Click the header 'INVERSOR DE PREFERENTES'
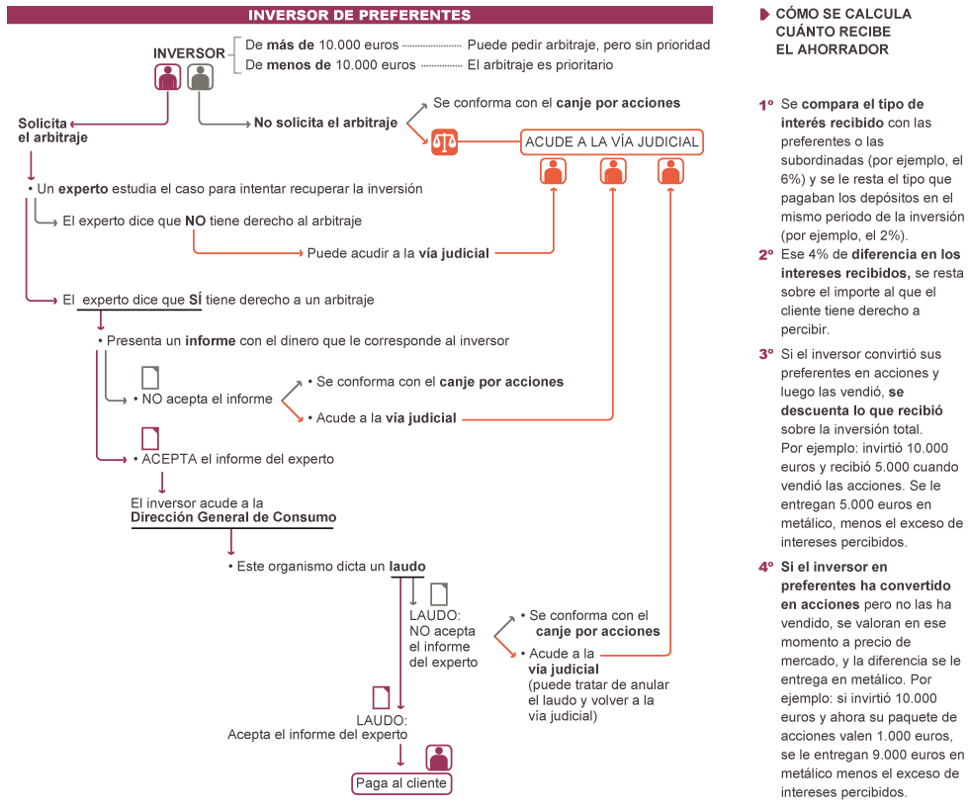click(x=359, y=15)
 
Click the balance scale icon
click(x=445, y=141)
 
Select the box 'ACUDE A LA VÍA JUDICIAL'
click(x=611, y=141)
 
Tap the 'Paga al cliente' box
click(x=401, y=783)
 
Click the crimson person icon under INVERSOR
click(x=168, y=77)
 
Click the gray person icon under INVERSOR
click(x=200, y=77)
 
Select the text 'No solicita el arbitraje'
click(x=325, y=123)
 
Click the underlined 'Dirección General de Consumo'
click(x=233, y=516)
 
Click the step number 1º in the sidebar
click(x=765, y=104)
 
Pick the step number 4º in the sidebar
click(x=765, y=568)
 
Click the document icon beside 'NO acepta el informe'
click(x=149, y=377)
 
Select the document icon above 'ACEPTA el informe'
click(x=149, y=437)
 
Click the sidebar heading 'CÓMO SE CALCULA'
click(x=842, y=15)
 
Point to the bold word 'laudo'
click(x=407, y=567)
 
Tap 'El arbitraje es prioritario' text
click(x=540, y=65)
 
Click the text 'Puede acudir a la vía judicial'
click(x=397, y=253)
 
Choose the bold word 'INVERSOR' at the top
click(x=189, y=52)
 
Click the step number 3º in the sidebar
click(x=765, y=354)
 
